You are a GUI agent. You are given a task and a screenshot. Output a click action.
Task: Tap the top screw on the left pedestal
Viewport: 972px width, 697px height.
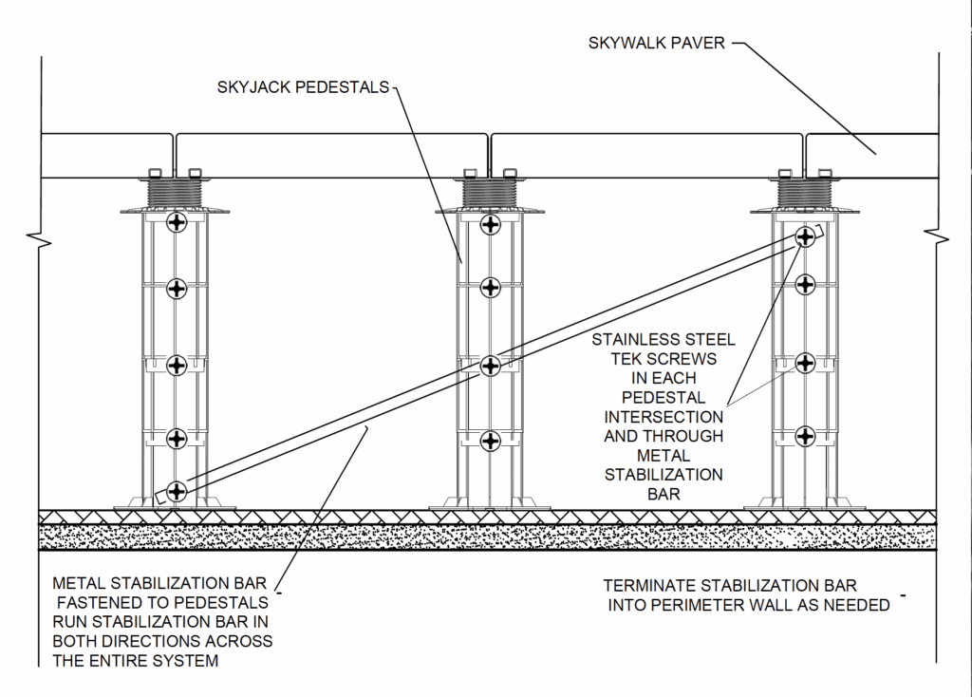177,223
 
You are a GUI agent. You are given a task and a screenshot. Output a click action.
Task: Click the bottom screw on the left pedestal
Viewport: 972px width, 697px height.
177,491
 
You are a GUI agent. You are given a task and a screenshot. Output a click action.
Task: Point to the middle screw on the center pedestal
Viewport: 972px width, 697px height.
490,366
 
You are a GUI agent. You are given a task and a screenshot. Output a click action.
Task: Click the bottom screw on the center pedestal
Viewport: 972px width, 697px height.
490,440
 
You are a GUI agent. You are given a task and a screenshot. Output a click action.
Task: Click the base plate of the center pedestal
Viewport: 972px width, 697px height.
489,505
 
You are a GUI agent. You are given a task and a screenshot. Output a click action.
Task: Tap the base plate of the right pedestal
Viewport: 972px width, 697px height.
805,505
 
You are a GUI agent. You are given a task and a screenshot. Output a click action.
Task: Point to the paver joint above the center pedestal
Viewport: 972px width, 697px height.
489,151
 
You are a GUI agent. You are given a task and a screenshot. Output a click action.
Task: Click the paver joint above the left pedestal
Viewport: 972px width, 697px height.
176,151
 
